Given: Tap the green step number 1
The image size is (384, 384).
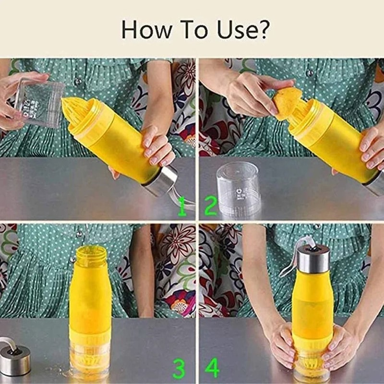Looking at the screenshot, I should (x=182, y=207).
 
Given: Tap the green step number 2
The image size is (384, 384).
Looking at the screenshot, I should (x=210, y=207).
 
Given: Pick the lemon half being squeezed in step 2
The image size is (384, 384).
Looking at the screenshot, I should (x=287, y=103).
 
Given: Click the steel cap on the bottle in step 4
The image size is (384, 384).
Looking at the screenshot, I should (x=313, y=258).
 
